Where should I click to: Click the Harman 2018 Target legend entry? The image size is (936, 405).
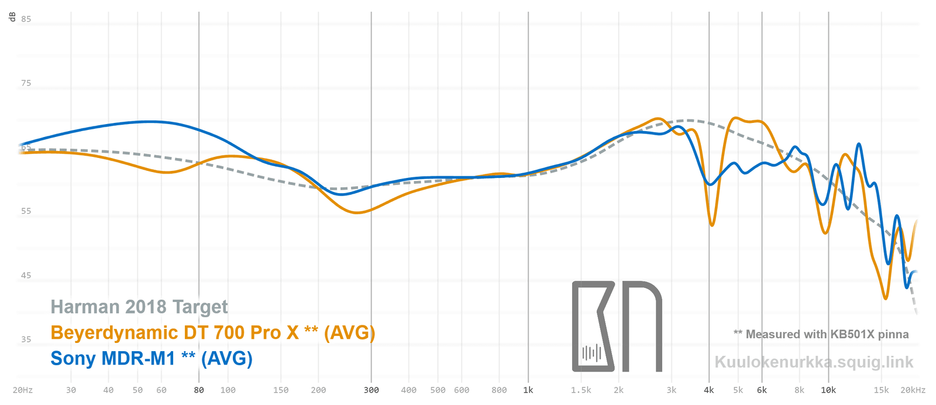click(139, 307)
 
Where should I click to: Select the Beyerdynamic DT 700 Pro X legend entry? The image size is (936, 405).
click(212, 332)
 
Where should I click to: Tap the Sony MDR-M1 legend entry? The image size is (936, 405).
click(151, 358)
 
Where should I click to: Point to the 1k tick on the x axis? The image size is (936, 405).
click(528, 390)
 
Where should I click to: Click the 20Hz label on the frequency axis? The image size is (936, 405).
click(22, 390)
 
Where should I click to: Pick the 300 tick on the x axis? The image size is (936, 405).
click(371, 390)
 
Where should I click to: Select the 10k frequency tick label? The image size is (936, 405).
click(828, 390)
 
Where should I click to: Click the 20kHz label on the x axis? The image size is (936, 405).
click(913, 390)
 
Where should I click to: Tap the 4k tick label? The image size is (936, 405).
click(709, 390)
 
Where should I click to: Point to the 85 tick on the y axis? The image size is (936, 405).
click(26, 19)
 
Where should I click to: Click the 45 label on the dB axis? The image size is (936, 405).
click(26, 276)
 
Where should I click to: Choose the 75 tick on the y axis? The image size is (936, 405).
click(26, 83)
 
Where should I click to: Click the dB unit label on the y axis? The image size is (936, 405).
click(12, 16)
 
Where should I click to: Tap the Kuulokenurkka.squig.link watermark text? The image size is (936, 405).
click(814, 362)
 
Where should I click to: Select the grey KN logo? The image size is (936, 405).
click(617, 327)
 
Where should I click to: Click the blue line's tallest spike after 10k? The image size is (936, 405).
click(858, 143)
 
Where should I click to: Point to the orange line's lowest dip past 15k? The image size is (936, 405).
click(886, 298)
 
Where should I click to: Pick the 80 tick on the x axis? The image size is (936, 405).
click(199, 390)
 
